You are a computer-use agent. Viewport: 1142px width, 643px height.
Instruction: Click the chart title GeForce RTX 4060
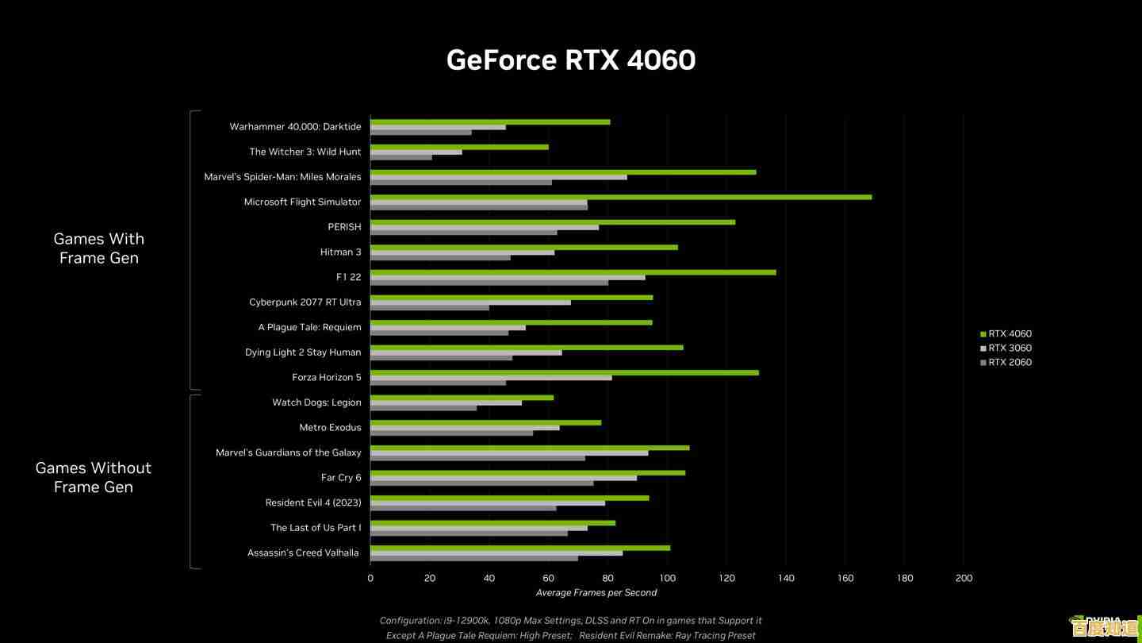click(570, 60)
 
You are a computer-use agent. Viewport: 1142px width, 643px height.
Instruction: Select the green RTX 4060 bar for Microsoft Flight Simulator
click(620, 197)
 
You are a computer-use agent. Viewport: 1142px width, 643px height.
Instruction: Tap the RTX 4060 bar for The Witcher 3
click(459, 147)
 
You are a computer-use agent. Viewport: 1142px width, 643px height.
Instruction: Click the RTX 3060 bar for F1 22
click(508, 277)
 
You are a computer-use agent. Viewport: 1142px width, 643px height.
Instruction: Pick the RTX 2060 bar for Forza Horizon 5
click(438, 383)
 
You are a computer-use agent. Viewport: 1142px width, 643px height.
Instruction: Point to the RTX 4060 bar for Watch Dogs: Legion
click(462, 397)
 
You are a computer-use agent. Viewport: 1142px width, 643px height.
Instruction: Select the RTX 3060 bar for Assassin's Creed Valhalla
click(496, 553)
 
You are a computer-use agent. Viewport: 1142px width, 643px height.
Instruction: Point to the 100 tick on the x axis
click(667, 578)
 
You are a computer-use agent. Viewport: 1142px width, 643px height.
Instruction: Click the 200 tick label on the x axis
click(964, 578)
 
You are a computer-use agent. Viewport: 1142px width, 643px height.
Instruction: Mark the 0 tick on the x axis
click(370, 578)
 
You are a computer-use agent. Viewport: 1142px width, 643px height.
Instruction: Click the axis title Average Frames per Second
click(596, 592)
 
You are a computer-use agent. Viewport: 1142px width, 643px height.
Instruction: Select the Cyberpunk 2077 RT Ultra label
click(305, 302)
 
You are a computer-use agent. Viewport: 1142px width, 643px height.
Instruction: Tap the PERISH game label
click(344, 227)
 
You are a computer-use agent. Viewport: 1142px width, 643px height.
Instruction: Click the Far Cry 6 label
click(341, 477)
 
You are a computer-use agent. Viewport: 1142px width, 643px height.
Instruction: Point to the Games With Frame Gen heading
click(99, 248)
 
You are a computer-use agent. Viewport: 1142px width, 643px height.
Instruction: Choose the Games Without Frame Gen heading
click(94, 477)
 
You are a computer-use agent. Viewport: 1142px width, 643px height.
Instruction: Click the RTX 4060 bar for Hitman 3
click(523, 247)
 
